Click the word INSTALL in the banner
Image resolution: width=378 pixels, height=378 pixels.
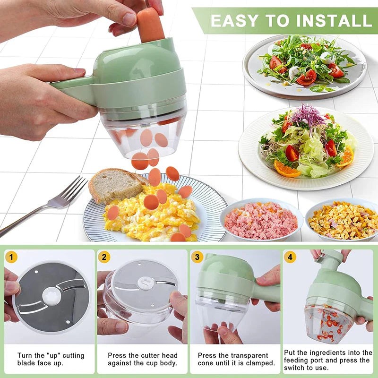point(331,20)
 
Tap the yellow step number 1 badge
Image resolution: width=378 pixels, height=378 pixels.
point(12,258)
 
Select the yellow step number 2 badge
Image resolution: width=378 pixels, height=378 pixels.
point(104,258)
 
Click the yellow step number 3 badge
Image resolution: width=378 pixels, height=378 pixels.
point(198,258)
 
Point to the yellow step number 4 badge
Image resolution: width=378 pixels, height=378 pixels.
point(290,258)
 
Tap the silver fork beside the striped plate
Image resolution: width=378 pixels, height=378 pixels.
point(52,203)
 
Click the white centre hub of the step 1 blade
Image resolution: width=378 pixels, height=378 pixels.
point(52,296)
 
